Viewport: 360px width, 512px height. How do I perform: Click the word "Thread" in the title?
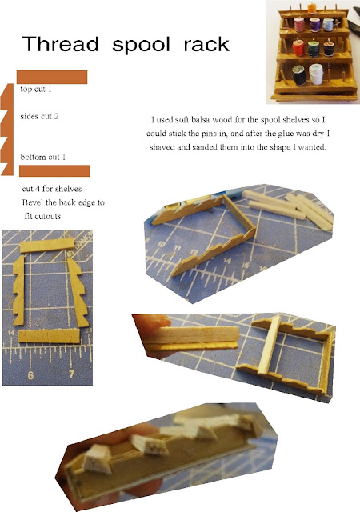(61, 44)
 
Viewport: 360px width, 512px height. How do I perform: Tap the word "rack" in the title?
(206, 45)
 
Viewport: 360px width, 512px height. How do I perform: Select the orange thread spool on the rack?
(312, 8)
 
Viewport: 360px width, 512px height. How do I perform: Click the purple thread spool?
(315, 25)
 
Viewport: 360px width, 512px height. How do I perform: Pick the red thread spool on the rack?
(298, 47)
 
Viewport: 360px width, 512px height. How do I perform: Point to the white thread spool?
(316, 74)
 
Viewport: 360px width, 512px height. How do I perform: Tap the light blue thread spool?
(328, 25)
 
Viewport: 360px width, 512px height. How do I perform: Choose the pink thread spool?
(299, 25)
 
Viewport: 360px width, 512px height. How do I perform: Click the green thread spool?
(314, 48)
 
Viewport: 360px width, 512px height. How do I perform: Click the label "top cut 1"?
(36, 89)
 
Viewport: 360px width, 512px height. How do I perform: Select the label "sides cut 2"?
(39, 116)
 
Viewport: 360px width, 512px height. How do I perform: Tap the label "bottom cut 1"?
(42, 157)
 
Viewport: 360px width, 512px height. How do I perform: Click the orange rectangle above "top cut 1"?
(52, 77)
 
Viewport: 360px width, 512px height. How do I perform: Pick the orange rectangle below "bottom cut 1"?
(54, 170)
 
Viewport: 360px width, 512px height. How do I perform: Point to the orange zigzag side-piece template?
(8, 130)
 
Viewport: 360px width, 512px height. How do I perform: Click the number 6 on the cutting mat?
(30, 375)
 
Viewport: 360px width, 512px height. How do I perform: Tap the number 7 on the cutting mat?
(72, 374)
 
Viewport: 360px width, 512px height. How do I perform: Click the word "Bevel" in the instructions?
(32, 202)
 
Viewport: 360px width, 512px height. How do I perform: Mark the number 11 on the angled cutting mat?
(178, 249)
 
